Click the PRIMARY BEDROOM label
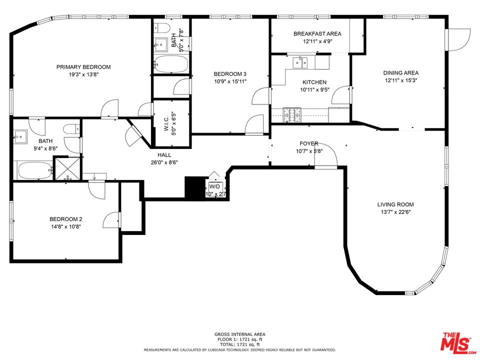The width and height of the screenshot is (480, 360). click(x=83, y=67)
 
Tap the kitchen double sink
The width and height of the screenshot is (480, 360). click(x=300, y=62)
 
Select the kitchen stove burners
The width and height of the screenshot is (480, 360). click(x=291, y=115)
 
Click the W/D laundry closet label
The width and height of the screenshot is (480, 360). click(x=214, y=186)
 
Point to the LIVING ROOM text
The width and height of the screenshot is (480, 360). click(x=395, y=204)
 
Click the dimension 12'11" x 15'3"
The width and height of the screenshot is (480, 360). click(x=401, y=80)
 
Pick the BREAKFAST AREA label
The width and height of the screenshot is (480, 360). click(x=317, y=33)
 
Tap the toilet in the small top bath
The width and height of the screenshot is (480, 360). click(x=161, y=28)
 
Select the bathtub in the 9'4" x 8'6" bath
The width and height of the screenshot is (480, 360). click(x=35, y=170)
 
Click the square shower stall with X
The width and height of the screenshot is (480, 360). click(x=67, y=168)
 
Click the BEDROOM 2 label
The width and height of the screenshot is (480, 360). click(x=66, y=219)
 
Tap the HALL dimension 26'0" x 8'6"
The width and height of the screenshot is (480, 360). click(x=164, y=162)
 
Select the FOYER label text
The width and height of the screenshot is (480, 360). click(x=309, y=143)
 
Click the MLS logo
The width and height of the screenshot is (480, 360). click(x=458, y=342)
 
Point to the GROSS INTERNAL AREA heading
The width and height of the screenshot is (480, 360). click(x=239, y=334)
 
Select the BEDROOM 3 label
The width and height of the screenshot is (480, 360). click(x=230, y=74)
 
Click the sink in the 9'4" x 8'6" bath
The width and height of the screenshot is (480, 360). click(x=20, y=136)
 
